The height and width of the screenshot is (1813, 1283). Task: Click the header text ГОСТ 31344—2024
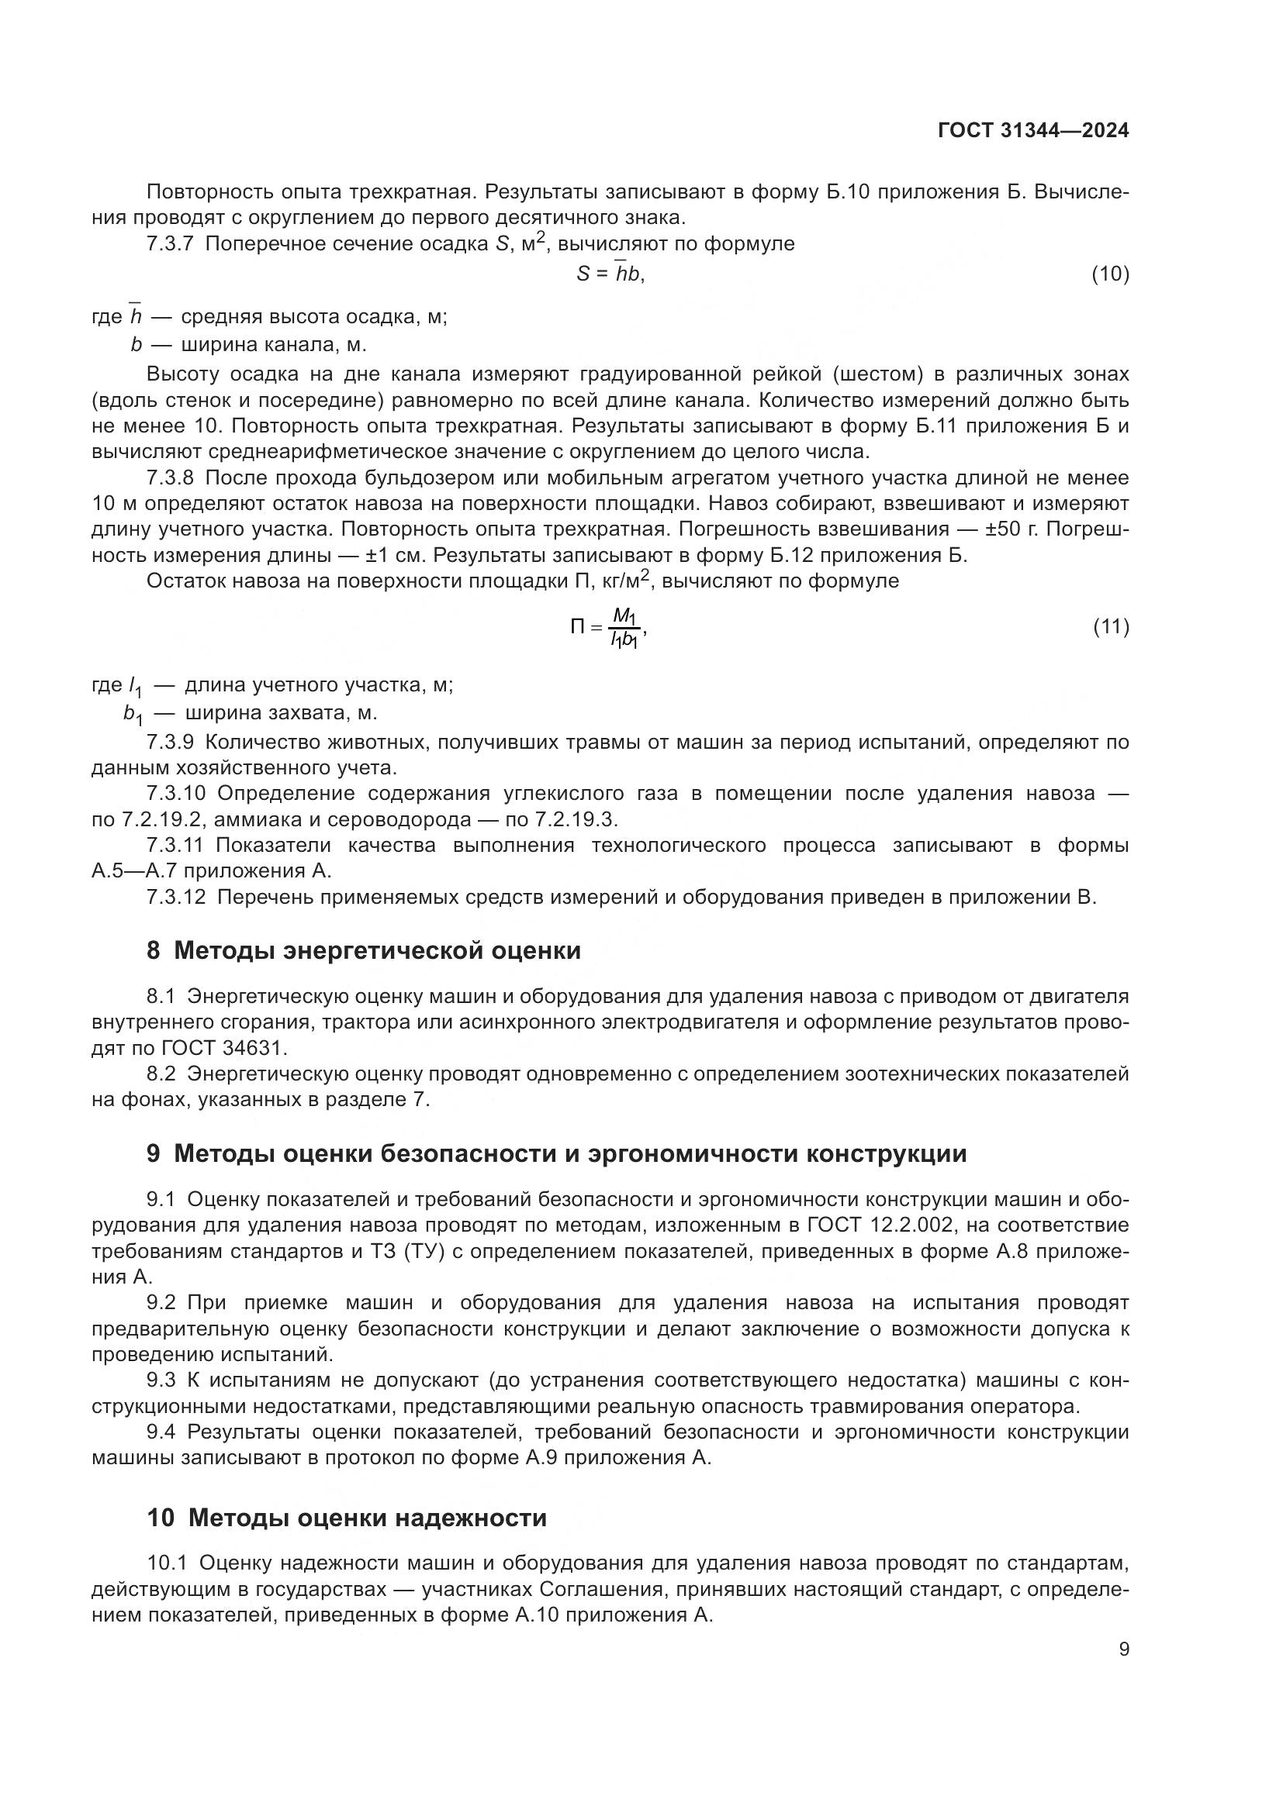click(x=1032, y=131)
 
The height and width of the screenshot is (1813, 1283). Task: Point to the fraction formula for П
click(x=609, y=627)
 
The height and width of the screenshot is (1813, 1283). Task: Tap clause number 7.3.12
click(x=175, y=897)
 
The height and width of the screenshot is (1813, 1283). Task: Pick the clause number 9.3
click(x=161, y=1380)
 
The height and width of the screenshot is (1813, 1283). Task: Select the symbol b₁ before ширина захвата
click(x=133, y=714)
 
